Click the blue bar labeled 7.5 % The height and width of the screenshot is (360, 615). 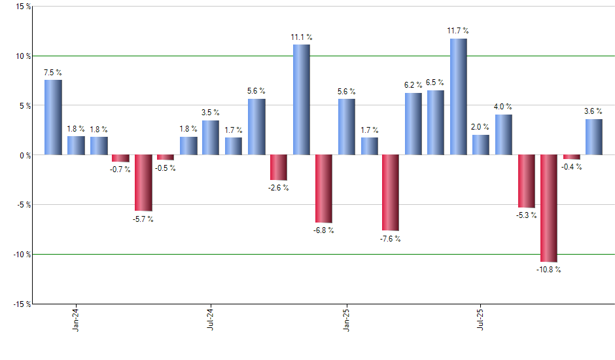53,117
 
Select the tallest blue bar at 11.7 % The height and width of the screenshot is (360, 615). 459,97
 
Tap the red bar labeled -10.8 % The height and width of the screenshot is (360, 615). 548,208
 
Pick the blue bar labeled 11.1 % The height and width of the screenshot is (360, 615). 301,99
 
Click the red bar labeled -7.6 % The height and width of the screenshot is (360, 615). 391,192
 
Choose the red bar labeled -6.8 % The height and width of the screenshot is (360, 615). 323,189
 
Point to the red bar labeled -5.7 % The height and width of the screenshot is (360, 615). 143,183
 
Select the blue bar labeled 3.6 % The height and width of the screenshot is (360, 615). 593,137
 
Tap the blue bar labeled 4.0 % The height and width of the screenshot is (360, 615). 504,135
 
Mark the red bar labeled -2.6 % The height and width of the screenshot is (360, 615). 279,168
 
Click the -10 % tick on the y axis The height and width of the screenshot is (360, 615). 19,254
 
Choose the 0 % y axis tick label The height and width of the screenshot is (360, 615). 24,155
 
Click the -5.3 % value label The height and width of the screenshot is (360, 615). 526,215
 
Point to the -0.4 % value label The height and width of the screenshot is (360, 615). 571,167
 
